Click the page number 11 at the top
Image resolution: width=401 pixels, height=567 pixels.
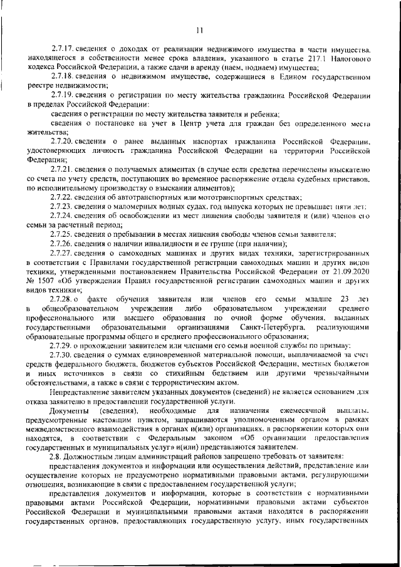(x=200, y=30)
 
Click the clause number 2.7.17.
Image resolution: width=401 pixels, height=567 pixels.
(x=63, y=48)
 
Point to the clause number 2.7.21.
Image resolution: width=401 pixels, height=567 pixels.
(x=63, y=170)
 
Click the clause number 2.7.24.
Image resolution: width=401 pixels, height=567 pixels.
(x=63, y=216)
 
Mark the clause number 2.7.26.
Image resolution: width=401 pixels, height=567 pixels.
(x=63, y=244)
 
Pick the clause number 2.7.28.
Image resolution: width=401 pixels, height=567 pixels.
(x=63, y=299)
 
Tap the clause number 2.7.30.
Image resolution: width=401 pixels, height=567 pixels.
(x=63, y=355)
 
